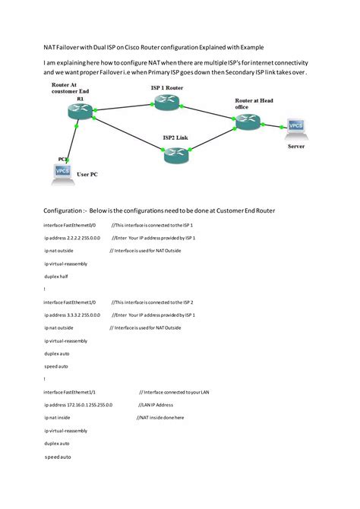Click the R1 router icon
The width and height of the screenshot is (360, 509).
coord(80,112)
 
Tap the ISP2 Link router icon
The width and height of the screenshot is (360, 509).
coord(175,155)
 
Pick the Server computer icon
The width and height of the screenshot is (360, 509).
coord(296,128)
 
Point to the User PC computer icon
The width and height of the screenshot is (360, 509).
coord(63,172)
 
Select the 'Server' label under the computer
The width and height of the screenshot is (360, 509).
coord(296,146)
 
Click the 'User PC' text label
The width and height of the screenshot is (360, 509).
coord(87,175)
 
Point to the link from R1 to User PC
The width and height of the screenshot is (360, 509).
coord(72,141)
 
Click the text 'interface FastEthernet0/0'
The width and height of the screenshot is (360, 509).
coord(70,226)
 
